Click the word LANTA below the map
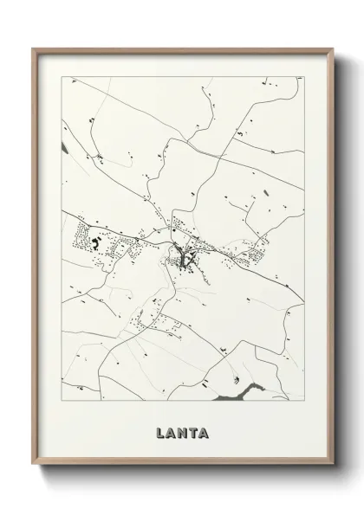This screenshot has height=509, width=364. pos(182,429)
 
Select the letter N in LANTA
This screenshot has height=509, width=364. pos(182,429)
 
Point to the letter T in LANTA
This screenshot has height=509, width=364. pos(192,429)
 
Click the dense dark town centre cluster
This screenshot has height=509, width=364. pos(184,254)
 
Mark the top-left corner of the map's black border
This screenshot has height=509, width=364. pos(62,76)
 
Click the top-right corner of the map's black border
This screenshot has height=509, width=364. pos(302,76)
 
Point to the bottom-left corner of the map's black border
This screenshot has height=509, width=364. pos(62,405)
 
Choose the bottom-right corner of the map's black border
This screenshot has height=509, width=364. pos(302,405)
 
